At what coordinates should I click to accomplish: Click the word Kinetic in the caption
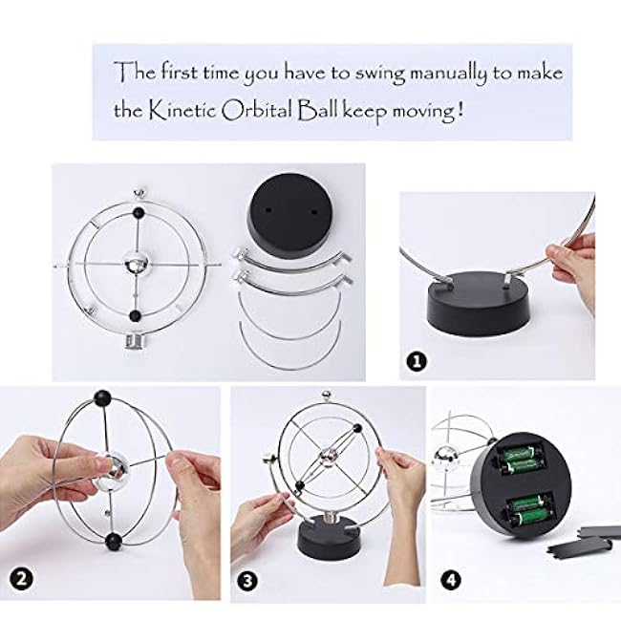click(183, 111)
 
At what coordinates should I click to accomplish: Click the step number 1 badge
click(417, 361)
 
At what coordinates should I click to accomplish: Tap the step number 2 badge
click(21, 580)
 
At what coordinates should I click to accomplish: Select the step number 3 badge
click(247, 582)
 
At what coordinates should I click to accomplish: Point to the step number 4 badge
click(451, 581)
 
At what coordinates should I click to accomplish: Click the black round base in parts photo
click(290, 225)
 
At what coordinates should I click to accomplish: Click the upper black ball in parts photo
click(138, 212)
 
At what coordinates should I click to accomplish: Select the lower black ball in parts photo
click(136, 315)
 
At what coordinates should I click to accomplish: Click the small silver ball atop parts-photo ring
click(139, 193)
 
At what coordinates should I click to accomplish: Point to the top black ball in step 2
click(102, 397)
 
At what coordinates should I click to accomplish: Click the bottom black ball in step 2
click(115, 541)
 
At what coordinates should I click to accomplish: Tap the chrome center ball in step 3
click(328, 458)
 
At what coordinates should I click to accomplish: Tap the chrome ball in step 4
click(446, 458)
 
